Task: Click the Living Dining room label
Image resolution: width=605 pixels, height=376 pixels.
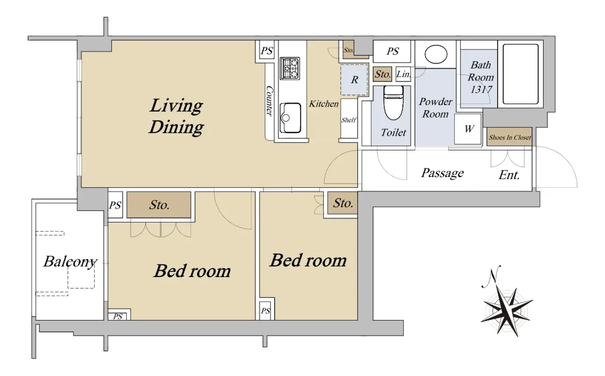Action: click(x=176, y=116)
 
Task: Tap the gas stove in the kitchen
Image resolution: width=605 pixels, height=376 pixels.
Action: click(x=290, y=69)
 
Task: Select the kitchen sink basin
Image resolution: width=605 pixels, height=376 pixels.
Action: click(x=290, y=118)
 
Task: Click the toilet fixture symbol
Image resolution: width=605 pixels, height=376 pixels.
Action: click(x=393, y=103)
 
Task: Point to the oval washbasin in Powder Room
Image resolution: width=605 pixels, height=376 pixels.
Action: click(x=436, y=54)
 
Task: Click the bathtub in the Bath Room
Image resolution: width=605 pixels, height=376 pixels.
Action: click(x=520, y=74)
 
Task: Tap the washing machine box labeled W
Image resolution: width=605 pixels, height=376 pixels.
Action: click(x=468, y=129)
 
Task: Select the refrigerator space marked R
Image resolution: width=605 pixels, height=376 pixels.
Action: click(x=354, y=79)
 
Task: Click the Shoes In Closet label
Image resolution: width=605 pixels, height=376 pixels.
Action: click(x=510, y=138)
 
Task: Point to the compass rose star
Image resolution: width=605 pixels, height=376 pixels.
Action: click(x=507, y=311)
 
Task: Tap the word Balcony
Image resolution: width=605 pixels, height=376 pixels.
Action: click(x=70, y=262)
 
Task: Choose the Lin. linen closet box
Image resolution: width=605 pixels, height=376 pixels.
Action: click(x=403, y=74)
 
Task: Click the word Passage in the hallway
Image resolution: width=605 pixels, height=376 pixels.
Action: click(x=443, y=173)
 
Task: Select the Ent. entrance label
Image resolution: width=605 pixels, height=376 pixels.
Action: click(x=509, y=175)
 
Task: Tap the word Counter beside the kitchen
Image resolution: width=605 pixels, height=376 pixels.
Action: click(x=270, y=101)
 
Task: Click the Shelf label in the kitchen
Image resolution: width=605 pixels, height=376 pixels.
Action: click(x=348, y=120)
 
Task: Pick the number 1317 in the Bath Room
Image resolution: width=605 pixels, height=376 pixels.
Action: click(x=481, y=89)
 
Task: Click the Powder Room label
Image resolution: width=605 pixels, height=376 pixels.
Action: click(x=436, y=108)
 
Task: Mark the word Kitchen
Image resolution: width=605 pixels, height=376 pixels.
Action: click(x=324, y=104)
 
